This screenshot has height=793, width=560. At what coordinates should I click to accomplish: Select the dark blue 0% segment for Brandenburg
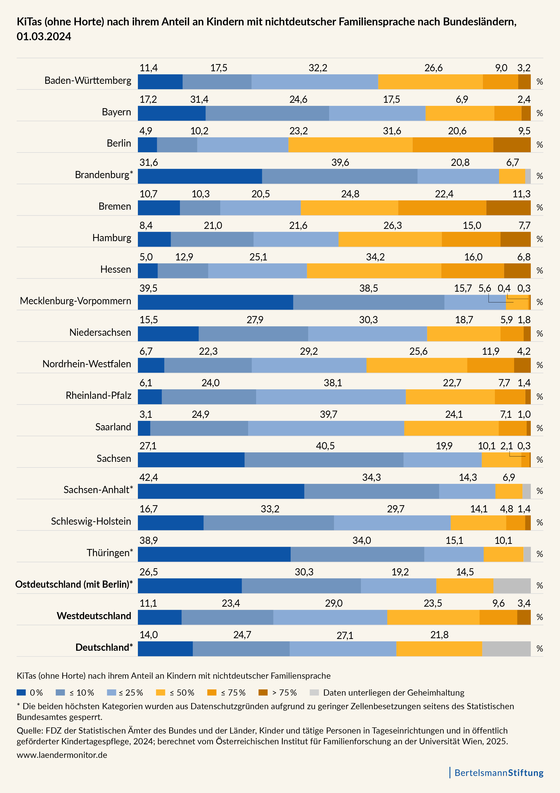200,176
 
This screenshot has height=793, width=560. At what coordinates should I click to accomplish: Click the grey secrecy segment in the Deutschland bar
506,649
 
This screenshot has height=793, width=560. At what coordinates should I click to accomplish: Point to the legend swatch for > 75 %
263,692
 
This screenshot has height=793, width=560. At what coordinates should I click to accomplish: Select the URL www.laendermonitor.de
62,755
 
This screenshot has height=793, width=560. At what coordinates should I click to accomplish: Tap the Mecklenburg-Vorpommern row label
75,301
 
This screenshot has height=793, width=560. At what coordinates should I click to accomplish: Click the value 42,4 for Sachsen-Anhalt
149,477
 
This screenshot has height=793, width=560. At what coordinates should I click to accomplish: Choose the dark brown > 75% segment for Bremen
508,208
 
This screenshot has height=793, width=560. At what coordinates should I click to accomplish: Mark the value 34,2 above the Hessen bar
375,257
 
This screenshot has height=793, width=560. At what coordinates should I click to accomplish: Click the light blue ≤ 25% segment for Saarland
326,428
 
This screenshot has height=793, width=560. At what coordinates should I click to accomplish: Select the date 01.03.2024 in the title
44,37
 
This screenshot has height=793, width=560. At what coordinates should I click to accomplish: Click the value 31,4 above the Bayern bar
199,99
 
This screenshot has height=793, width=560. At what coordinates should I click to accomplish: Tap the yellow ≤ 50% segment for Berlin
350,145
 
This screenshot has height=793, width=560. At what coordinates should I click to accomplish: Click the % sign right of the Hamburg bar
539,239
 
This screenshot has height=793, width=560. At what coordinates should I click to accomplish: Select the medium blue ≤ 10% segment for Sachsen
324,460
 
